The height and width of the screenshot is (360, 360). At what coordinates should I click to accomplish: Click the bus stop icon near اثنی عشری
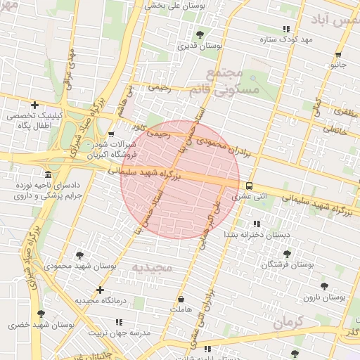tap(250, 186)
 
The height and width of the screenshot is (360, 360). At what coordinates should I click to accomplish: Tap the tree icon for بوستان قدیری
tap(200, 34)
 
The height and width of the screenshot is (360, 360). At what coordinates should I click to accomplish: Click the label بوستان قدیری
tap(200, 46)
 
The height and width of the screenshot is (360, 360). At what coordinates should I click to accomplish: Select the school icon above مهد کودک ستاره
tap(285, 29)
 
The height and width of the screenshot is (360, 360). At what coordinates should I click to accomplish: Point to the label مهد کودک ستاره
tap(285, 39)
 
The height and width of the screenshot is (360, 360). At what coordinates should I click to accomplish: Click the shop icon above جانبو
tap(339, 54)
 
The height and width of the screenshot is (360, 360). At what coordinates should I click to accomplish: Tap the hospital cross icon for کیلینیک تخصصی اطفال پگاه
tap(34, 105)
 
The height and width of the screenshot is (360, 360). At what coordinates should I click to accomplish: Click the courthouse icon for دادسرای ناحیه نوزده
tap(48, 174)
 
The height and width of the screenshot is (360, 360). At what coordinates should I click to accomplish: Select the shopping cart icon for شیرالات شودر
tap(111, 134)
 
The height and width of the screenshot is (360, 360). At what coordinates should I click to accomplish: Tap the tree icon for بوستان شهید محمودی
tap(79, 255)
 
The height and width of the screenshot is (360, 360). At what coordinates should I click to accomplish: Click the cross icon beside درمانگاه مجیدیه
tap(100, 290)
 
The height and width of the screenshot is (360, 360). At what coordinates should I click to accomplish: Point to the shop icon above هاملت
tap(181, 299)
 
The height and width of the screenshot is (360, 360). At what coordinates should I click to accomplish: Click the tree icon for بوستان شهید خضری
tap(41, 314)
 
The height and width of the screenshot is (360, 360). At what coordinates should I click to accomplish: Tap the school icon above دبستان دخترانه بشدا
tap(257, 224)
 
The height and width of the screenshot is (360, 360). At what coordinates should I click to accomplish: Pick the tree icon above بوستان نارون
tap(324, 286)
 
